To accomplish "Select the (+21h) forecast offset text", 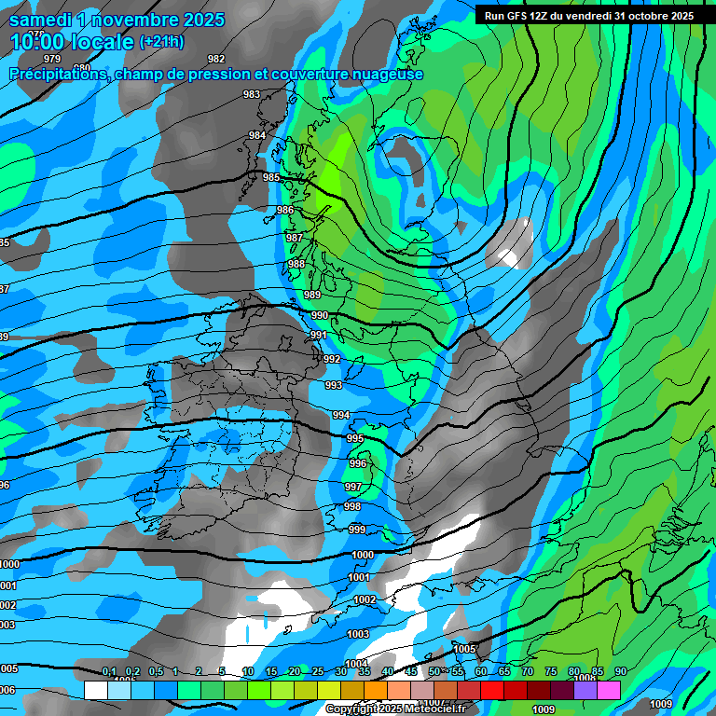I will [161, 42].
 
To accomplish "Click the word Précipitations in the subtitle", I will [59, 74].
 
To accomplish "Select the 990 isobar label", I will [320, 315].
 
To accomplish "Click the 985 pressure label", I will [271, 177].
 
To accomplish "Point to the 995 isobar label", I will [355, 438].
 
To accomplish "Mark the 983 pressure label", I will [252, 94].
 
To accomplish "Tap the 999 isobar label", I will [357, 530].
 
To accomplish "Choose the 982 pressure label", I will [216, 60].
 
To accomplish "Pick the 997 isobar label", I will [352, 487].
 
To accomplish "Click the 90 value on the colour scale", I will [620, 672].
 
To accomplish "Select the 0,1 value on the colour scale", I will [109, 672].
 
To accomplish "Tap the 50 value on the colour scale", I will [434, 672].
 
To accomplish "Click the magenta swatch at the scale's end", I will [609, 690].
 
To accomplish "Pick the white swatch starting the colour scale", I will [95, 690].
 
